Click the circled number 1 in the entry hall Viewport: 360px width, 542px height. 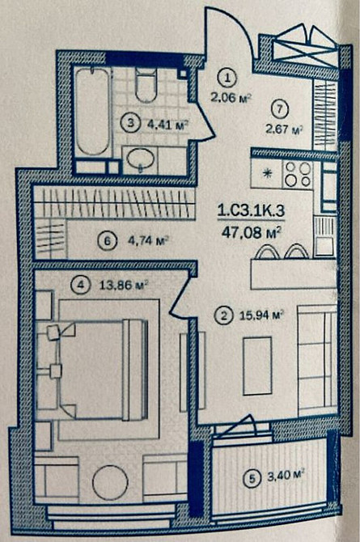(x=229, y=78)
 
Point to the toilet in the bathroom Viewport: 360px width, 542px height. (x=146, y=83)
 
